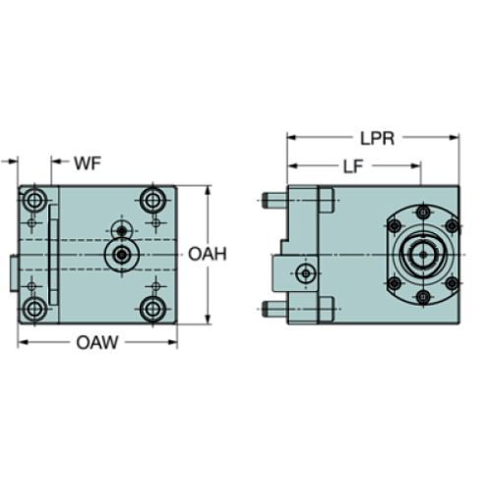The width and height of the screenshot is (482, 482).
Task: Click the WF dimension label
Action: coord(89,159)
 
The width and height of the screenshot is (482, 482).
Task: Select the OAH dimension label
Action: coord(208,255)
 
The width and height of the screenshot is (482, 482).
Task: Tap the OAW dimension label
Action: coord(97,342)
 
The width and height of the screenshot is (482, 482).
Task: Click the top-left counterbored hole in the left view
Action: coord(37,201)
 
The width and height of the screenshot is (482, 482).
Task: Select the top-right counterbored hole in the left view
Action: coord(152,201)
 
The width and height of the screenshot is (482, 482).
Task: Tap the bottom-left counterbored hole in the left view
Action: coord(37,310)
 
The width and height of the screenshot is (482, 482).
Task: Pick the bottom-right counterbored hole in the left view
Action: coord(152,310)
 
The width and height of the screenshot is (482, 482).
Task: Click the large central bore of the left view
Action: coord(121,255)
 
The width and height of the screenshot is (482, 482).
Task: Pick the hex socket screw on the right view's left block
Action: coord(307,271)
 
